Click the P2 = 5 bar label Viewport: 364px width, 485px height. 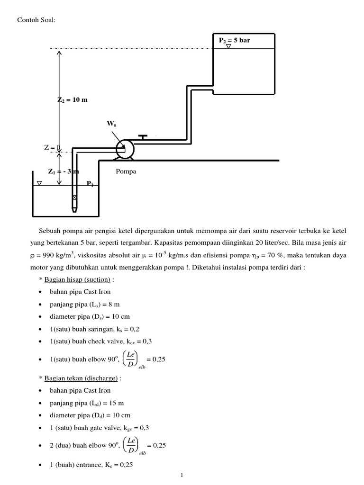tap(234, 40)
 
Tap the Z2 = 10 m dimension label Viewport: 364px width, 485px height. tap(73, 100)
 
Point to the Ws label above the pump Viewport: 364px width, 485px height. tap(111, 124)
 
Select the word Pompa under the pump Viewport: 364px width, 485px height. tap(126, 171)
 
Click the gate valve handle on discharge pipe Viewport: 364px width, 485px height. tap(142, 137)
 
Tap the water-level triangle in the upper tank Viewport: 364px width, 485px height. tap(228, 46)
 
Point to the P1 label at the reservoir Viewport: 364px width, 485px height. tap(90, 183)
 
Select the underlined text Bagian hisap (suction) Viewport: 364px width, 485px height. tap(77, 279)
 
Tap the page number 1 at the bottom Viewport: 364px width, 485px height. tap(182, 476)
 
